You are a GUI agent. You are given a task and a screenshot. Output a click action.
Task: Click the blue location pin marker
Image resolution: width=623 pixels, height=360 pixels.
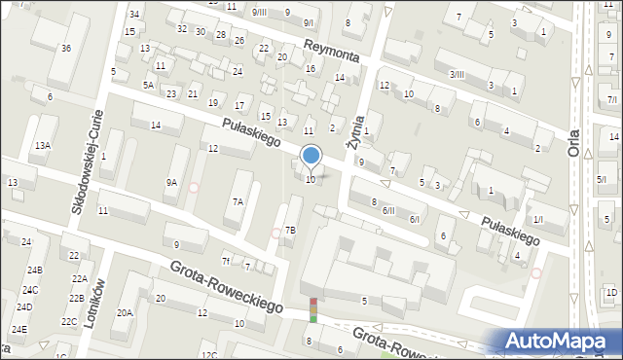point(311,156)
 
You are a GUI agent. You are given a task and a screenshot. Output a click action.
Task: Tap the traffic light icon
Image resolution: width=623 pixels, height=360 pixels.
point(313,310)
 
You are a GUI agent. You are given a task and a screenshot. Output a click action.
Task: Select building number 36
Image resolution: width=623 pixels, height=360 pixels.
point(65,49)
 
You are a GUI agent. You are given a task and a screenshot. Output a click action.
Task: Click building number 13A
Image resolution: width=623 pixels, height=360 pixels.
point(42,145)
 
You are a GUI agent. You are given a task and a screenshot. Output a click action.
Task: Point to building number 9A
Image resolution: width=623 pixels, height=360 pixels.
point(171,182)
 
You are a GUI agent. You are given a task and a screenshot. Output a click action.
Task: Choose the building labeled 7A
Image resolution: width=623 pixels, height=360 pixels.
point(238,201)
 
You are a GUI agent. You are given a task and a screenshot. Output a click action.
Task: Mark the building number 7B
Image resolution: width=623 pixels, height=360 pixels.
point(290,231)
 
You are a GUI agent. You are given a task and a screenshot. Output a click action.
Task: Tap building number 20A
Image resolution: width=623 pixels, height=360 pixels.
point(125,312)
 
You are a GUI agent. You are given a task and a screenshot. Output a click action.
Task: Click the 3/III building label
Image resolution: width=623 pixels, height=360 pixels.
point(457,75)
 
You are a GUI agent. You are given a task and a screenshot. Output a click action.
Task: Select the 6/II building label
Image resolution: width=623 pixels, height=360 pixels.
point(388,210)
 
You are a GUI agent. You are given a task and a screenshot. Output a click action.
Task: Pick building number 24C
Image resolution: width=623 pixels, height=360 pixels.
point(30,290)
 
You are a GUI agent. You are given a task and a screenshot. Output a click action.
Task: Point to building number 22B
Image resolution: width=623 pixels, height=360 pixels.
point(76,299)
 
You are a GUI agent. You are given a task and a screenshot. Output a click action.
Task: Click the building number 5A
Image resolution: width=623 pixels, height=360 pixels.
point(148,86)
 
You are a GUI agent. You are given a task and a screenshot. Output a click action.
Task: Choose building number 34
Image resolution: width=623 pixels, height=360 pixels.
point(134,14)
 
